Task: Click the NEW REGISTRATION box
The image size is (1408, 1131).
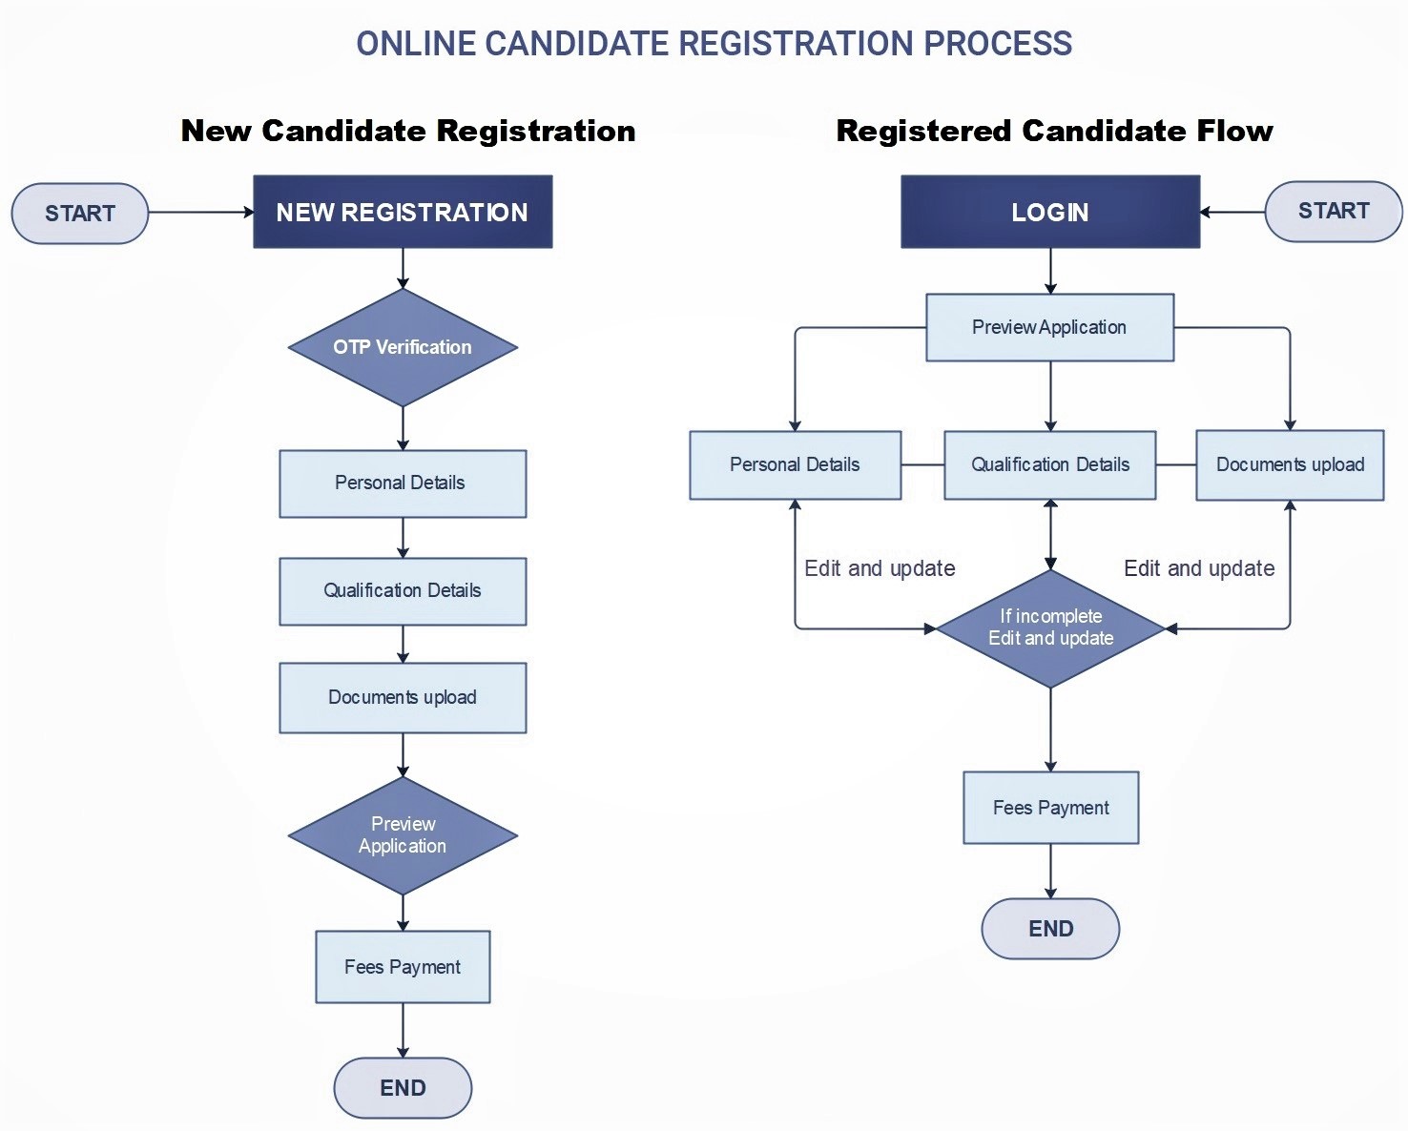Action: click(403, 212)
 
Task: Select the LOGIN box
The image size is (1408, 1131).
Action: click(1050, 212)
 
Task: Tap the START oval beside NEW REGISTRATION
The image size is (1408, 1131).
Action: click(80, 214)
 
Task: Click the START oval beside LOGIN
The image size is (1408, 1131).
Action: click(1334, 212)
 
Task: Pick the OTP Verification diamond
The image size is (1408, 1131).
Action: click(403, 347)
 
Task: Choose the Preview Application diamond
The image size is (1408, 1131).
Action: click(403, 835)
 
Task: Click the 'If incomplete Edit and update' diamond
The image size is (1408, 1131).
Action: click(1051, 628)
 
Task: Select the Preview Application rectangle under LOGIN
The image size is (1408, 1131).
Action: click(1049, 327)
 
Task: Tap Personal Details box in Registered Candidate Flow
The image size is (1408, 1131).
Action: click(795, 465)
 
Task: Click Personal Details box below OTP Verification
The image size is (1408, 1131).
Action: click(403, 483)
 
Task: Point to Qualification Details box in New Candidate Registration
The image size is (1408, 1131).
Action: click(403, 591)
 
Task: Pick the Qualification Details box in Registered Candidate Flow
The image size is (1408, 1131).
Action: click(1050, 465)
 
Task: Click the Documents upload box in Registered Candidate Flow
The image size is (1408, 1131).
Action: click(1291, 465)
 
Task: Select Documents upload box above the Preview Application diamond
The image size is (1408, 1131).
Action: click(403, 698)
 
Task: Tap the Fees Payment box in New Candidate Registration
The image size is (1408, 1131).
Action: click(403, 967)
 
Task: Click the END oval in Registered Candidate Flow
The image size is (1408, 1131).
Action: click(1051, 929)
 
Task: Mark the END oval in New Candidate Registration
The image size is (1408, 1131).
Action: click(403, 1088)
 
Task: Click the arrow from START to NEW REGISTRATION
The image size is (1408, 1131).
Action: click(201, 212)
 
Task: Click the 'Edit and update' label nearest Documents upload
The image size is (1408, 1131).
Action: click(1199, 568)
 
